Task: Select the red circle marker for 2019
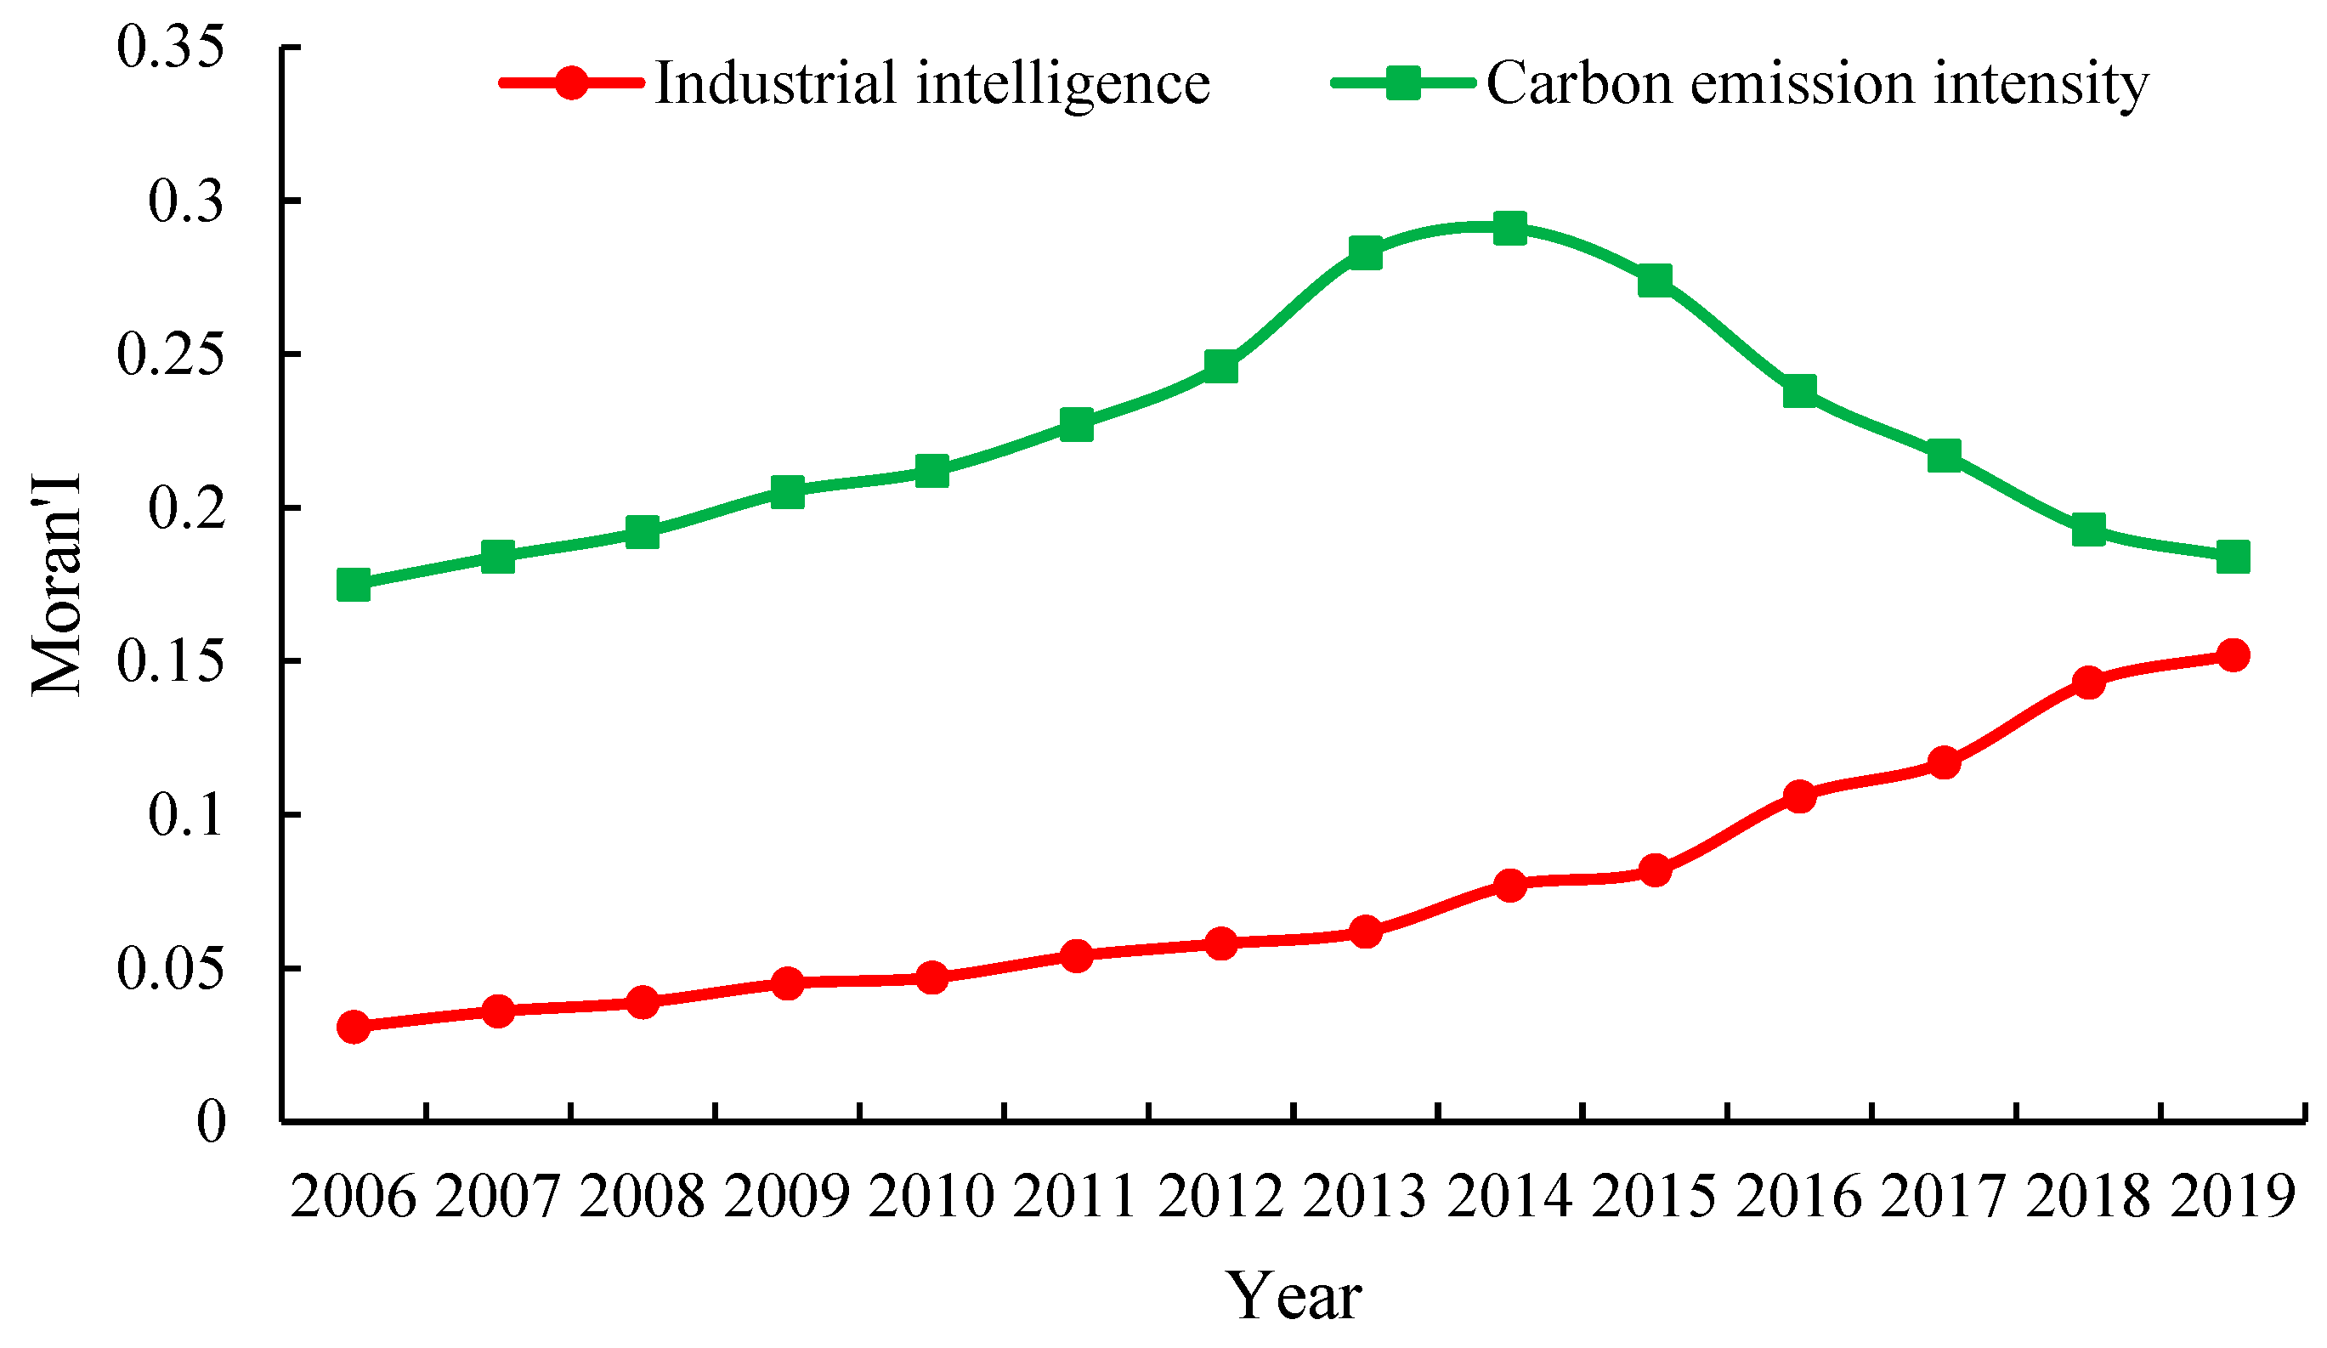pyautogui.click(x=2232, y=655)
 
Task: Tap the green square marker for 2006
pyautogui.click(x=354, y=585)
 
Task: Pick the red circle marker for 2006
pyautogui.click(x=354, y=1027)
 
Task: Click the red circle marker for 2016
pyautogui.click(x=1799, y=796)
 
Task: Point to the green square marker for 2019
pyautogui.click(x=2232, y=557)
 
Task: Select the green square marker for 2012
pyautogui.click(x=1220, y=366)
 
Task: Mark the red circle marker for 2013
pyautogui.click(x=1365, y=932)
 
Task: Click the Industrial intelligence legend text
pyautogui.click(x=931, y=83)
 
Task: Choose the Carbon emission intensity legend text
pyautogui.click(x=1816, y=83)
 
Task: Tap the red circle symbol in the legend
pyautogui.click(x=572, y=83)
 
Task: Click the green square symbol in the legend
pyautogui.click(x=1402, y=83)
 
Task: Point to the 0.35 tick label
pyautogui.click(x=170, y=47)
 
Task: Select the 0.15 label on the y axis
pyautogui.click(x=170, y=662)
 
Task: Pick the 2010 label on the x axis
pyautogui.click(x=931, y=1198)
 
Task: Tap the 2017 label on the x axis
pyautogui.click(x=1943, y=1198)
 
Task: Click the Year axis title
pyautogui.click(x=1293, y=1296)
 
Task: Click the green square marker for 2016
pyautogui.click(x=1799, y=391)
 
